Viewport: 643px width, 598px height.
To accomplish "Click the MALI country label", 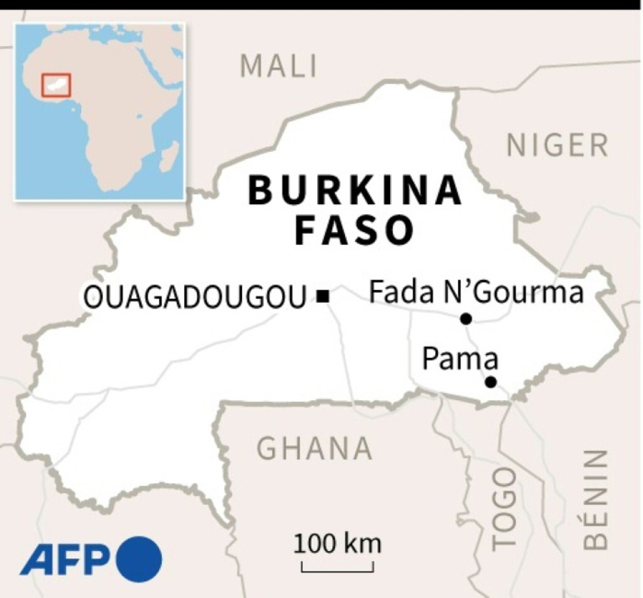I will pyautogui.click(x=278, y=66).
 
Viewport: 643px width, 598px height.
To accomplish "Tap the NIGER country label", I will pyautogui.click(x=557, y=145).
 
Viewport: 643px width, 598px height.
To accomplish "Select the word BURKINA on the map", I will pyautogui.click(x=355, y=190).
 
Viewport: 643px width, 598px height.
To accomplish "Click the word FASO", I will pyautogui.click(x=355, y=231).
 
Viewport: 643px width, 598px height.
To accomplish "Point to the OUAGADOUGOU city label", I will pyautogui.click(x=194, y=296).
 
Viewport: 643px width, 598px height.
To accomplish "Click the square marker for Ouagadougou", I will pyautogui.click(x=322, y=296).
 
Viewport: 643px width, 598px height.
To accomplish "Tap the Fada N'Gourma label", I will pyautogui.click(x=476, y=293).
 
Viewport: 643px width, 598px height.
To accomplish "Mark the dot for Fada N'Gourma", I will pyautogui.click(x=466, y=318).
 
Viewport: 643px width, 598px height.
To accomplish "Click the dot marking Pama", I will pyautogui.click(x=490, y=382).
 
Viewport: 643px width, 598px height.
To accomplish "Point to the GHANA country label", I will pyautogui.click(x=315, y=449).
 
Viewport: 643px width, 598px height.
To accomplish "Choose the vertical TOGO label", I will pyautogui.click(x=504, y=508).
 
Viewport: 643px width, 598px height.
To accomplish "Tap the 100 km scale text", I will pyautogui.click(x=338, y=543).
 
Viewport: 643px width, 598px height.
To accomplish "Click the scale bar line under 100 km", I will pyautogui.click(x=338, y=569).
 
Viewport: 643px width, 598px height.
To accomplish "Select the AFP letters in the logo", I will pyautogui.click(x=65, y=558).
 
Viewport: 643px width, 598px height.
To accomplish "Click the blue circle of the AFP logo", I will pyautogui.click(x=139, y=558).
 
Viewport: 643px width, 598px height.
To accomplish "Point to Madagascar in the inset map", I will pyautogui.click(x=168, y=157).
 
